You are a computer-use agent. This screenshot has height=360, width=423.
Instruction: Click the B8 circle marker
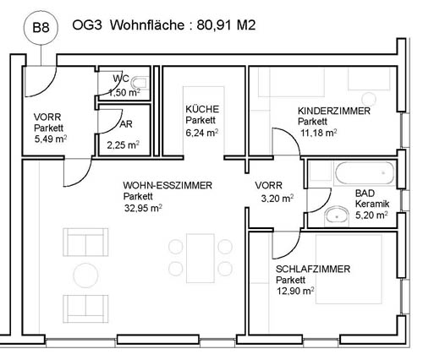(x=41, y=28)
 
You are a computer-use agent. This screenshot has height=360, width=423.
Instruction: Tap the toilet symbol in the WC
(x=140, y=82)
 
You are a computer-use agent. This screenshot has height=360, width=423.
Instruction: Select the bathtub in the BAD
(x=365, y=173)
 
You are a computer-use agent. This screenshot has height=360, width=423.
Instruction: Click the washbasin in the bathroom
(x=338, y=216)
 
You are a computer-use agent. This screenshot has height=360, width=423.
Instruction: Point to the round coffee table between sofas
(x=85, y=275)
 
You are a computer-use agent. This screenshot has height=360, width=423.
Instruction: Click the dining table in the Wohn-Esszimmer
(x=201, y=258)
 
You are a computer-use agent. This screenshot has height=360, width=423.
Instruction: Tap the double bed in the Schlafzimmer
(x=349, y=269)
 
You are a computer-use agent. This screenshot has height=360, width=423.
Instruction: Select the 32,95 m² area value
(x=143, y=209)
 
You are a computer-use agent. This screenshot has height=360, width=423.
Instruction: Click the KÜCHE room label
(x=202, y=109)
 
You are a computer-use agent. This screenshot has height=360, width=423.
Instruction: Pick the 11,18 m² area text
(x=318, y=133)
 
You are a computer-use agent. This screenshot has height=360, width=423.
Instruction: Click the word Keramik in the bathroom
(x=372, y=204)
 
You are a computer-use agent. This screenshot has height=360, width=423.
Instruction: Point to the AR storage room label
(x=126, y=124)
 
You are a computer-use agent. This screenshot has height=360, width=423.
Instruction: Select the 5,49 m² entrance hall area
(x=51, y=139)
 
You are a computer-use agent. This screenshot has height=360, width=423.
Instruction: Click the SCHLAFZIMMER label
(x=313, y=269)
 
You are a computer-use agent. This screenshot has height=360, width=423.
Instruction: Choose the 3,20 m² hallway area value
(x=277, y=199)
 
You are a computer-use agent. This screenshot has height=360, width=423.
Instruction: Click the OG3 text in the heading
(x=87, y=25)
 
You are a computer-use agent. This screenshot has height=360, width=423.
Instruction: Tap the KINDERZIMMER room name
(x=334, y=111)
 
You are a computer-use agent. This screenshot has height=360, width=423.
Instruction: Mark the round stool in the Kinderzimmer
(x=369, y=99)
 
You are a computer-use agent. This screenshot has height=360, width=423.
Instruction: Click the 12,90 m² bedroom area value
(x=295, y=291)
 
